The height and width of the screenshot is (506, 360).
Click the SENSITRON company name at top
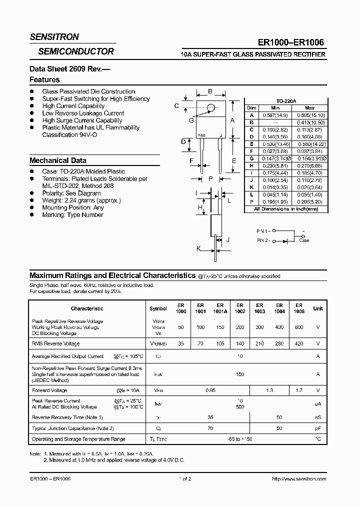click(x=54, y=37)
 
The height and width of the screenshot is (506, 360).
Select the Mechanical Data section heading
click(x=58, y=160)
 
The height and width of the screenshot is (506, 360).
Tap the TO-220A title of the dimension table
click(x=286, y=101)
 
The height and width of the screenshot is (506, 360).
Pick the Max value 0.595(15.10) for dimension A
click(x=310, y=115)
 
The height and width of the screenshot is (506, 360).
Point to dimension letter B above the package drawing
click(x=210, y=91)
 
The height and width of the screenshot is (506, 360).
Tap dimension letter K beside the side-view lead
click(x=199, y=248)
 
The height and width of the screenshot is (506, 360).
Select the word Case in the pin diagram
click(x=304, y=240)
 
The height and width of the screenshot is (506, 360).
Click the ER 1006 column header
click(x=298, y=308)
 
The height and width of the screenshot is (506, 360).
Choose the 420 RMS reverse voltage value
click(x=298, y=344)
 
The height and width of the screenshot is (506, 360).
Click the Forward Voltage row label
click(x=49, y=390)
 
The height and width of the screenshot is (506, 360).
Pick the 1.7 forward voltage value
click(x=298, y=390)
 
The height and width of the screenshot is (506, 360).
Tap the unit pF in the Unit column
click(x=318, y=428)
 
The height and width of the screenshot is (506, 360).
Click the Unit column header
click(x=318, y=308)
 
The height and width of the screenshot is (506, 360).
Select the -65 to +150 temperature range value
click(x=239, y=439)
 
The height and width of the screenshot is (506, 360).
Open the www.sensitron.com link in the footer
click(x=298, y=478)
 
